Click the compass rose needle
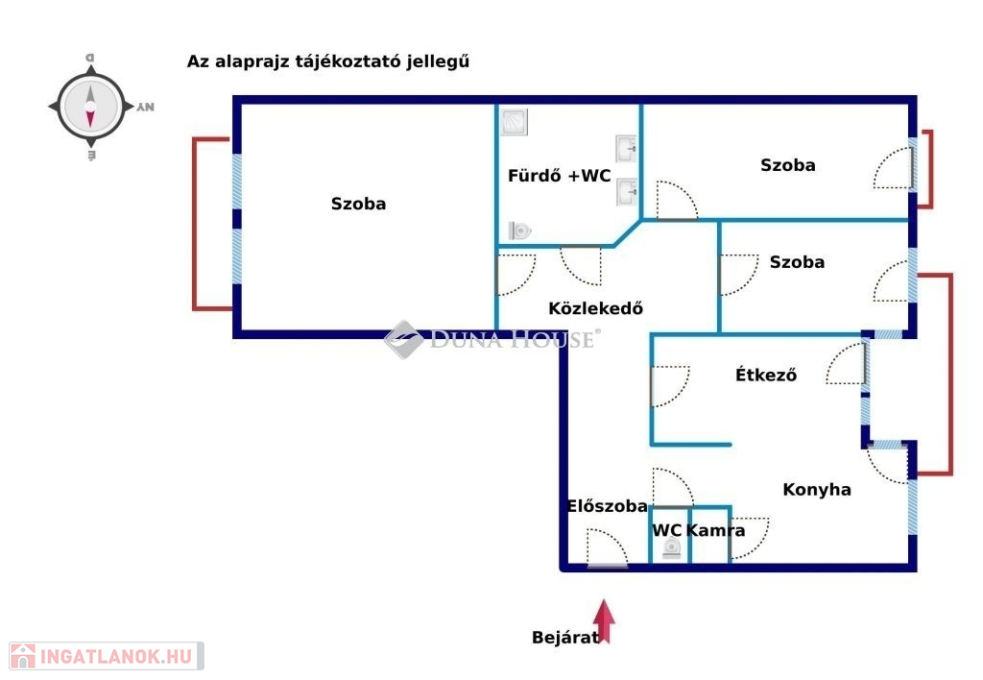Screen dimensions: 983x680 point(90,107)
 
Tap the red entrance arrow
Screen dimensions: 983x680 point(604,620)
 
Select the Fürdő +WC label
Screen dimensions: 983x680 point(560,176)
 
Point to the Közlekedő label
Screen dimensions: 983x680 point(595,308)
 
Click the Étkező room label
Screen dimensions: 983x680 point(766,375)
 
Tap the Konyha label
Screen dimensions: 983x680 point(817,489)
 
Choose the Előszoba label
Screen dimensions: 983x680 point(607,505)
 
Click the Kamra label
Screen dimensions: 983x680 point(715,530)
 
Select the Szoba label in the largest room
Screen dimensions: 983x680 point(359,204)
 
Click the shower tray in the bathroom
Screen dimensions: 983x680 point(515,122)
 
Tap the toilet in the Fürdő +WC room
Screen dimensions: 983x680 point(519,231)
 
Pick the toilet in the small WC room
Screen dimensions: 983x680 point(671,548)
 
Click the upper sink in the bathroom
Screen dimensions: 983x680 point(626,149)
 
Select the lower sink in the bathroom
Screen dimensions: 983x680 point(626,192)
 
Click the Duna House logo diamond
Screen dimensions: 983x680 point(404,339)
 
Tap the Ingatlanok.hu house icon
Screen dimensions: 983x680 point(23,656)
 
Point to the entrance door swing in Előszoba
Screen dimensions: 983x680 point(608,548)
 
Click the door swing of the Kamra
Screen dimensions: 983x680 point(750,538)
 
